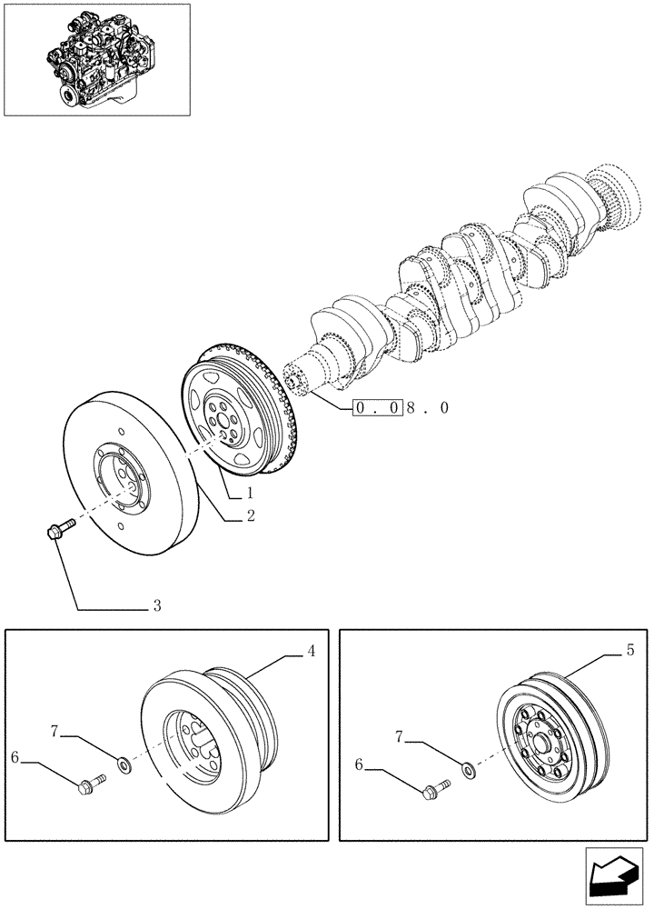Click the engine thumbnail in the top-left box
point(96,59)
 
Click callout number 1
point(247,494)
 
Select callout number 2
point(248,515)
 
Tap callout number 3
point(157,604)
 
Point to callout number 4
point(311,651)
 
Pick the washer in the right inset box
point(468,771)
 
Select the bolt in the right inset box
point(434,788)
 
